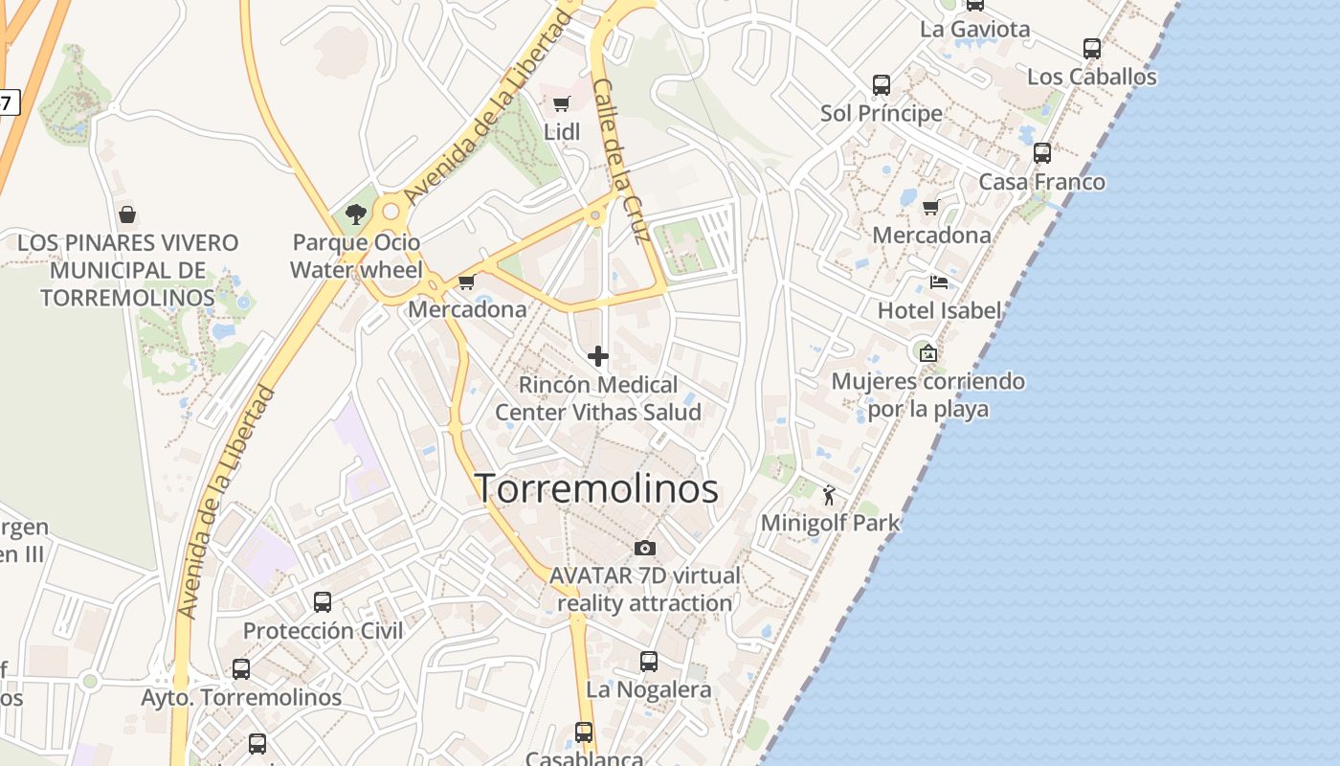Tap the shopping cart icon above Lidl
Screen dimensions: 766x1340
click(x=562, y=103)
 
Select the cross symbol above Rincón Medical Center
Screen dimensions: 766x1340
click(x=598, y=357)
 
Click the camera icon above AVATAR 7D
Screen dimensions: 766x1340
click(x=645, y=548)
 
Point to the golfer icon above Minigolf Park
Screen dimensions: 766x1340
click(x=829, y=495)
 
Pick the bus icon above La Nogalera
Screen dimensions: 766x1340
click(x=649, y=661)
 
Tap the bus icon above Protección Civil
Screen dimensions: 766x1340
click(x=323, y=602)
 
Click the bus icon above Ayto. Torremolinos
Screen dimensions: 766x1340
click(x=241, y=669)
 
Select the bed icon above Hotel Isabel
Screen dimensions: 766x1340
click(x=939, y=282)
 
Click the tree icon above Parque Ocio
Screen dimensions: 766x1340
click(x=356, y=214)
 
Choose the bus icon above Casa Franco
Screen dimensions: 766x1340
click(x=1042, y=153)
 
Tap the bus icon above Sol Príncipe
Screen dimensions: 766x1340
click(x=882, y=85)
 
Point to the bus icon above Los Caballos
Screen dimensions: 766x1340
click(x=1092, y=49)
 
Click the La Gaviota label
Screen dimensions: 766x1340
click(x=975, y=29)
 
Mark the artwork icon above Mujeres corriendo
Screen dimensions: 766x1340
click(x=927, y=352)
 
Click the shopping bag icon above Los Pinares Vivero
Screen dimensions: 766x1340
click(x=126, y=214)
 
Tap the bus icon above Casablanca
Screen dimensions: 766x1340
click(x=584, y=732)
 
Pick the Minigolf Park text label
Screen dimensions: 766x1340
click(x=831, y=523)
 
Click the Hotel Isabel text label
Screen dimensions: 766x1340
click(x=939, y=310)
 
